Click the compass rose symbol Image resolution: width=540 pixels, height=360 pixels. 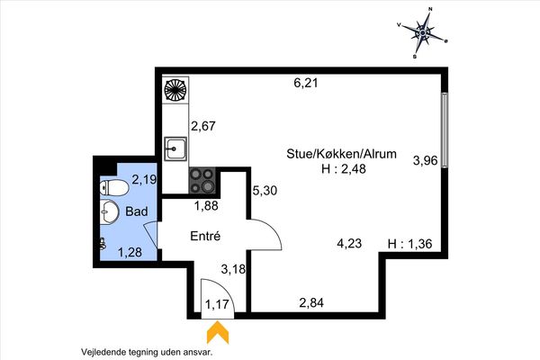point(423,32)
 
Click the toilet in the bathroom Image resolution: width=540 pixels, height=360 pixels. point(114,188)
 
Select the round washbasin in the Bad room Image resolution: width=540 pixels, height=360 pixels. point(109,211)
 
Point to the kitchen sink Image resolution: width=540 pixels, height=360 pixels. point(175,148)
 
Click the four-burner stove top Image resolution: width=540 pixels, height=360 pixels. point(202,181)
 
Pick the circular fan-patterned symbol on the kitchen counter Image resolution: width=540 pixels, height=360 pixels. point(175,90)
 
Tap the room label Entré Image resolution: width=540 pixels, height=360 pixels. point(205,237)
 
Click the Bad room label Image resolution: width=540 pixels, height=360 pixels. point(137,211)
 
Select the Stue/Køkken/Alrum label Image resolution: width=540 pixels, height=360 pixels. point(341,154)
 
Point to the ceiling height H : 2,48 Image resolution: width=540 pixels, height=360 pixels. point(344,169)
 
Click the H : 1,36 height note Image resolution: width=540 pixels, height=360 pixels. point(409,244)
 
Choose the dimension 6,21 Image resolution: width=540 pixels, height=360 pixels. point(306,83)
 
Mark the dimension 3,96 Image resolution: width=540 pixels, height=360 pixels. point(426,160)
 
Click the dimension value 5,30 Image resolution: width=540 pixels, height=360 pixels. point(265,190)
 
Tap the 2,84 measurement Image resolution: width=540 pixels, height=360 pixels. point(311,302)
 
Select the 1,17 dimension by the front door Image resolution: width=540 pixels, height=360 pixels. point(217,304)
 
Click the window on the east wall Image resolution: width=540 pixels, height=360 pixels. point(445,130)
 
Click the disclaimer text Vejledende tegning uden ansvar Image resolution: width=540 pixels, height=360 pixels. point(147,352)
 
